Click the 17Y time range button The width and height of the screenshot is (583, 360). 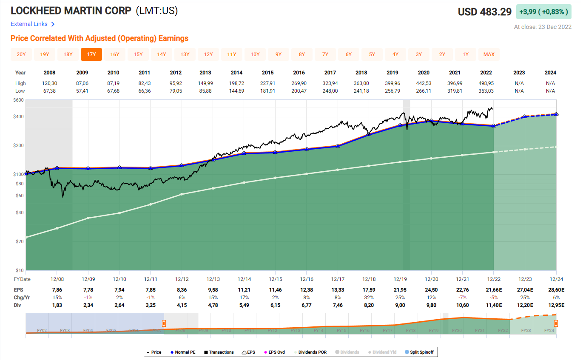(x=91, y=54)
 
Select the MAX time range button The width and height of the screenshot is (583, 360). (x=489, y=54)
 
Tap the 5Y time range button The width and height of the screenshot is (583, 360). (x=372, y=54)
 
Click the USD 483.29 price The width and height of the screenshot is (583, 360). (x=484, y=12)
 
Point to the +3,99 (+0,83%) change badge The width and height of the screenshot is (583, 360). (x=543, y=12)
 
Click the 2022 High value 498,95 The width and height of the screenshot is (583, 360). (x=488, y=83)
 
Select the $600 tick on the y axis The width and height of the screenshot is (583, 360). (x=18, y=100)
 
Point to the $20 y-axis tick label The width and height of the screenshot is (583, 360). (x=20, y=241)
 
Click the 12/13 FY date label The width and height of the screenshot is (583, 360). (x=213, y=279)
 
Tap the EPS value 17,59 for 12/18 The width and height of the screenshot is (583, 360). (x=369, y=290)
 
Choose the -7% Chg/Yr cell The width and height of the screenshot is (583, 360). (x=462, y=298)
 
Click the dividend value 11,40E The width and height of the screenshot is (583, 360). (x=493, y=305)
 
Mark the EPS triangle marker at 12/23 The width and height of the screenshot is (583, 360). (x=525, y=116)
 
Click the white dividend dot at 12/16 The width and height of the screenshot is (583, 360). (x=306, y=174)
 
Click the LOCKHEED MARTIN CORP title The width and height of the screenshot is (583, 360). (x=71, y=11)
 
